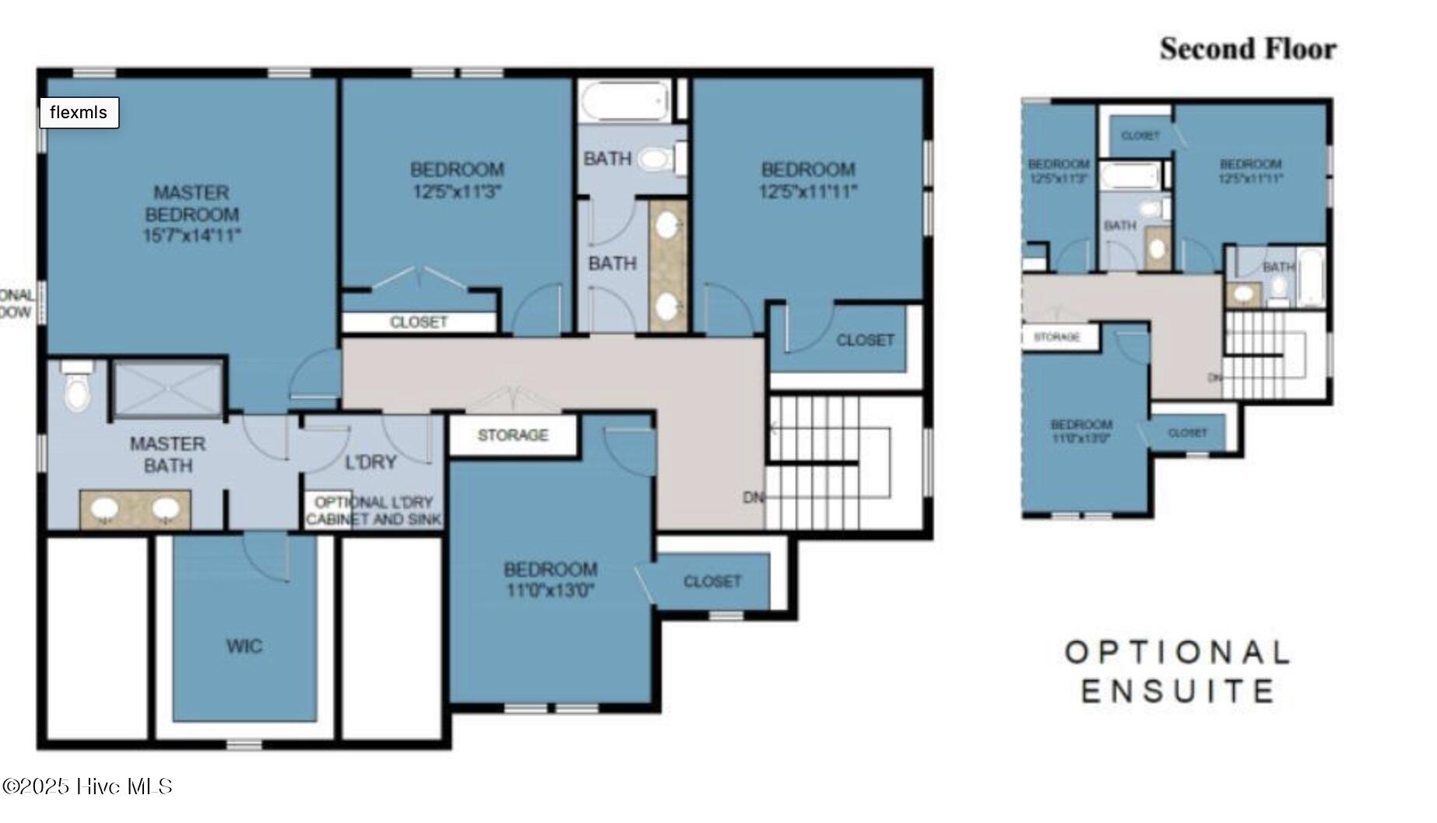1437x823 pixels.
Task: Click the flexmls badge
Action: (x=79, y=113)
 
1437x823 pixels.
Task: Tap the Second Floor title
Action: (x=1247, y=49)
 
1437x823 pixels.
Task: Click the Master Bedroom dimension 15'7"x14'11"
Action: (x=191, y=236)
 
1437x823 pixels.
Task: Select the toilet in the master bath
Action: (x=77, y=389)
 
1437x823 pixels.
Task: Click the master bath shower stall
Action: (x=167, y=388)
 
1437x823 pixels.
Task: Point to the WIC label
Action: (x=244, y=646)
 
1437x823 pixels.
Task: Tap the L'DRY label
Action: (x=371, y=462)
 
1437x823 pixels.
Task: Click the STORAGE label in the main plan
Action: (x=512, y=435)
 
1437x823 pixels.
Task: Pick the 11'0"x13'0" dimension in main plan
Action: (x=550, y=590)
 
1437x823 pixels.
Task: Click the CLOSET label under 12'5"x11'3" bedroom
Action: (x=419, y=322)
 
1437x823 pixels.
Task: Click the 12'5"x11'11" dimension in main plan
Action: (x=808, y=191)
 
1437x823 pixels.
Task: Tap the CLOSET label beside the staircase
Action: (x=865, y=340)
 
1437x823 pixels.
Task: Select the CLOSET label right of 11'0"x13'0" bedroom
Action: (x=711, y=581)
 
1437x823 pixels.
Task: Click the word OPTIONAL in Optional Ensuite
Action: (x=1177, y=652)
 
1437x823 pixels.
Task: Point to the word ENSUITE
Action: (x=1177, y=691)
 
